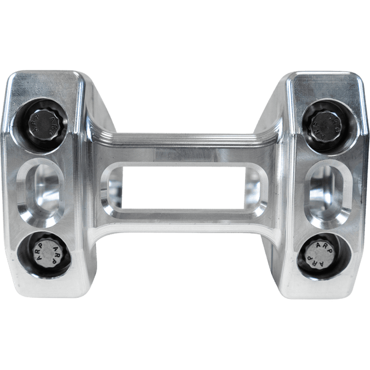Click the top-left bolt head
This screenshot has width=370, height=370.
coord(46,122)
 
